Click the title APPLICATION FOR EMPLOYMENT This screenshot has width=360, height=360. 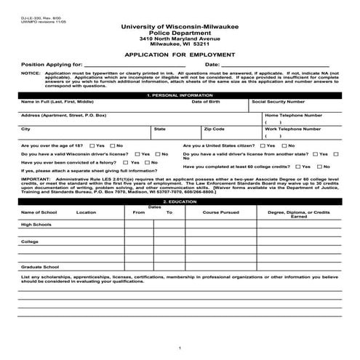tap(180, 54)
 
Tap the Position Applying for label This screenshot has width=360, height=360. tap(52, 65)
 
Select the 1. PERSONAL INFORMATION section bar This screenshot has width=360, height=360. tap(180, 95)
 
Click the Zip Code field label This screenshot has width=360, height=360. tap(215, 129)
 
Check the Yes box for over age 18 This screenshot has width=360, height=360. tap(92, 145)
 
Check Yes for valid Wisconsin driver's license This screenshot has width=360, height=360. tap(137, 153)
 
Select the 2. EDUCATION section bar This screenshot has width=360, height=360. tap(180, 200)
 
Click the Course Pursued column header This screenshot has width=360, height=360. tap(220, 212)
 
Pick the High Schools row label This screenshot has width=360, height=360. tap(36, 225)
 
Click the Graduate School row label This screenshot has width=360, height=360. tap(39, 267)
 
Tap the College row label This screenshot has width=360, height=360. tap(30, 241)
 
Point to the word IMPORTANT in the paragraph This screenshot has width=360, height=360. tap(36, 177)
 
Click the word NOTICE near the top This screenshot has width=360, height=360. tap(31, 73)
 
